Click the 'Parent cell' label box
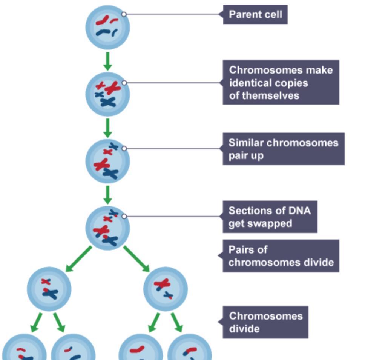(255, 15)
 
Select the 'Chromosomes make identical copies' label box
(281, 83)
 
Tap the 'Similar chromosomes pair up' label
(283, 149)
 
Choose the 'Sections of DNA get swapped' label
(270, 217)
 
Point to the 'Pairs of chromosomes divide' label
(281, 256)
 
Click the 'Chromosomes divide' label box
(265, 322)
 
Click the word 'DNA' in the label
(299, 211)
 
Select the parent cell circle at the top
(107, 27)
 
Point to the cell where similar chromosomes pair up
(107, 161)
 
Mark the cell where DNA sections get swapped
(107, 228)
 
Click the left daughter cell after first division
(49, 289)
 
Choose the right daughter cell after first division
(166, 289)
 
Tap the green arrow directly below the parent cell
(107, 61)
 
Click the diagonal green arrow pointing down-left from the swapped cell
(78, 259)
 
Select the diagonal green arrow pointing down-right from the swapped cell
(136, 259)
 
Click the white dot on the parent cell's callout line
(124, 14)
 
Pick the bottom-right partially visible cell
(190, 349)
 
